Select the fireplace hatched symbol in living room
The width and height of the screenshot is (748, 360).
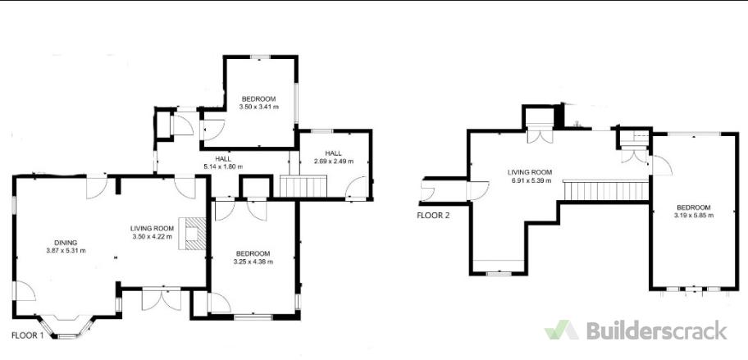pyautogui.click(x=193, y=234)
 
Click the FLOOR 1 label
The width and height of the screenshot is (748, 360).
pyautogui.click(x=27, y=335)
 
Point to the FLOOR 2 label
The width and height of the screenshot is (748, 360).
pyautogui.click(x=433, y=215)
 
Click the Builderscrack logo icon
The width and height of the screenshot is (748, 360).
pyautogui.click(x=562, y=330)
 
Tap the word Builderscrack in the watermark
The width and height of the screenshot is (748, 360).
pyautogui.click(x=657, y=330)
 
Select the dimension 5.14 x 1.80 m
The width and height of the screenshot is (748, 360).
pyautogui.click(x=223, y=167)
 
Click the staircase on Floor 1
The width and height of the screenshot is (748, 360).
pyautogui.click(x=303, y=186)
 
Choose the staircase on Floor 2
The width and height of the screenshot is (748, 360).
pyautogui.click(x=606, y=190)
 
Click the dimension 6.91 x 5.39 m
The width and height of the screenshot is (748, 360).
pyautogui.click(x=530, y=180)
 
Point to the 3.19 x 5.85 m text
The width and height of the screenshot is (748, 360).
pyautogui.click(x=694, y=215)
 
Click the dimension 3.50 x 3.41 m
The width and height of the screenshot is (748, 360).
pyautogui.click(x=259, y=107)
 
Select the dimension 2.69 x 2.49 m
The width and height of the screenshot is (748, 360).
pyautogui.click(x=334, y=162)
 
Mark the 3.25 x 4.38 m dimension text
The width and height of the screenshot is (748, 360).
pyautogui.click(x=253, y=262)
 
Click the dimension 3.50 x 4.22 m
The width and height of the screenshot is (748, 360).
pyautogui.click(x=152, y=236)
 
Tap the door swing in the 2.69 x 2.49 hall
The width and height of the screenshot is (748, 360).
pyautogui.click(x=356, y=188)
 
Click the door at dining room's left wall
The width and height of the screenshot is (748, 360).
pyautogui.click(x=24, y=291)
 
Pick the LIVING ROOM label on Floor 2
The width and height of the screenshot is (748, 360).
pyautogui.click(x=530, y=172)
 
